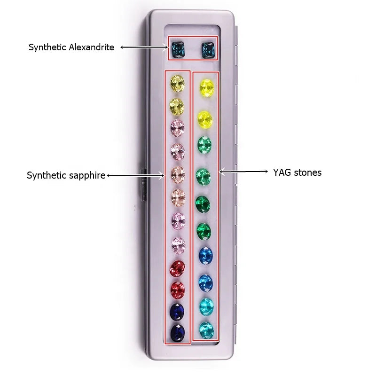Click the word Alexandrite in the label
pyautogui.click(x=91, y=47)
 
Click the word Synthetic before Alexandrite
pyautogui.click(x=48, y=47)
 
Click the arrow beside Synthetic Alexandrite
pyautogui.click(x=144, y=47)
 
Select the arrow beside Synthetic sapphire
pyautogui.click(x=135, y=175)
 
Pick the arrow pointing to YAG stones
pyautogui.click(x=243, y=172)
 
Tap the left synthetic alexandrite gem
pyautogui.click(x=178, y=49)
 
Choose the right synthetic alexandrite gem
pyautogui.click(x=208, y=50)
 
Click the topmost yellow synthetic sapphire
pyautogui.click(x=177, y=84)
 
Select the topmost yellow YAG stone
pyautogui.click(x=207, y=88)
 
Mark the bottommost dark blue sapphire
pyautogui.click(x=178, y=333)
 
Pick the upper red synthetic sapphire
pyautogui.click(x=178, y=268)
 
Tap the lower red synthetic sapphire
pyautogui.click(x=178, y=290)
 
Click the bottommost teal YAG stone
pyautogui.click(x=206, y=330)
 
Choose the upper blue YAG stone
pyautogui.click(x=205, y=255)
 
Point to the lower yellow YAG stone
pyautogui.click(x=205, y=119)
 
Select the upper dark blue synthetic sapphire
pyautogui.click(x=177, y=312)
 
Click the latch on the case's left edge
pyautogui.click(x=143, y=184)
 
